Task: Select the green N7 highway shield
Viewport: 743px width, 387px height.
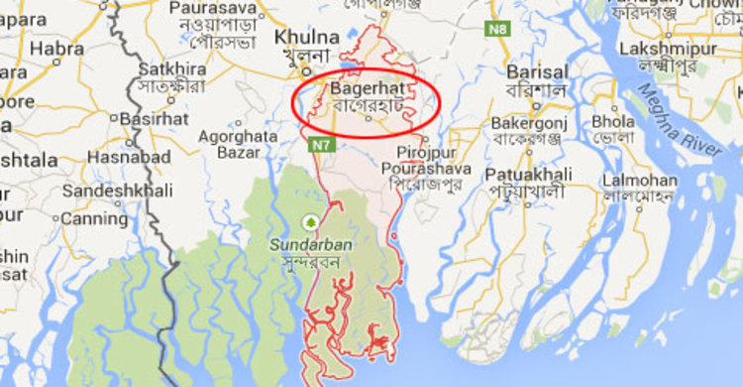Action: click(x=317, y=145)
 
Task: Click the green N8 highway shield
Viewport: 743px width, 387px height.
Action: click(x=496, y=30)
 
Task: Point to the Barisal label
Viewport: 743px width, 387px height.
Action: click(x=536, y=72)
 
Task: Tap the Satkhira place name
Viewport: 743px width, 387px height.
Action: click(x=172, y=69)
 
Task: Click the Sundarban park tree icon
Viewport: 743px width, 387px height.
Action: click(x=311, y=221)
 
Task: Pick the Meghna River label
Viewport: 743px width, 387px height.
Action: click(x=681, y=120)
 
